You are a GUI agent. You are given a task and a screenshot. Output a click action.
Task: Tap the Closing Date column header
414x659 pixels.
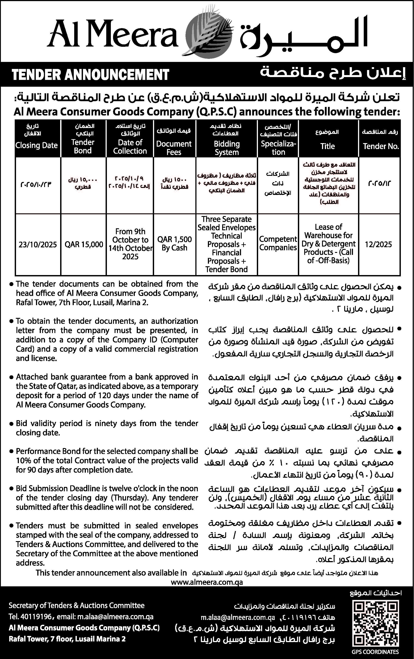point(36,145)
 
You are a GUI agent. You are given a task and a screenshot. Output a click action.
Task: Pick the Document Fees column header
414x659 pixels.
point(174,148)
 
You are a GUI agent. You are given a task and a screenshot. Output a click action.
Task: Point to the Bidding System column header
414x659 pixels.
point(227,148)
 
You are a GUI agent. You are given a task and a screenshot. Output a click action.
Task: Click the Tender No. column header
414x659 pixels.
point(381,146)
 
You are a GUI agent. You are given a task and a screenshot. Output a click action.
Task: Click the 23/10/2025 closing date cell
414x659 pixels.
point(38,244)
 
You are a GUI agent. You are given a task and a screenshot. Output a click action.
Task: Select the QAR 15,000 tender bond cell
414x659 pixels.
point(84,244)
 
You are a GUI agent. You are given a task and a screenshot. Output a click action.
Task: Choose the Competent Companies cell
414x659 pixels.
point(278,243)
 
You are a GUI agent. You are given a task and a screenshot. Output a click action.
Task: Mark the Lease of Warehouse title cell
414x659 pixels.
point(328,244)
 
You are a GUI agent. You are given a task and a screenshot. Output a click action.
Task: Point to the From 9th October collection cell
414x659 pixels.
point(130,244)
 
